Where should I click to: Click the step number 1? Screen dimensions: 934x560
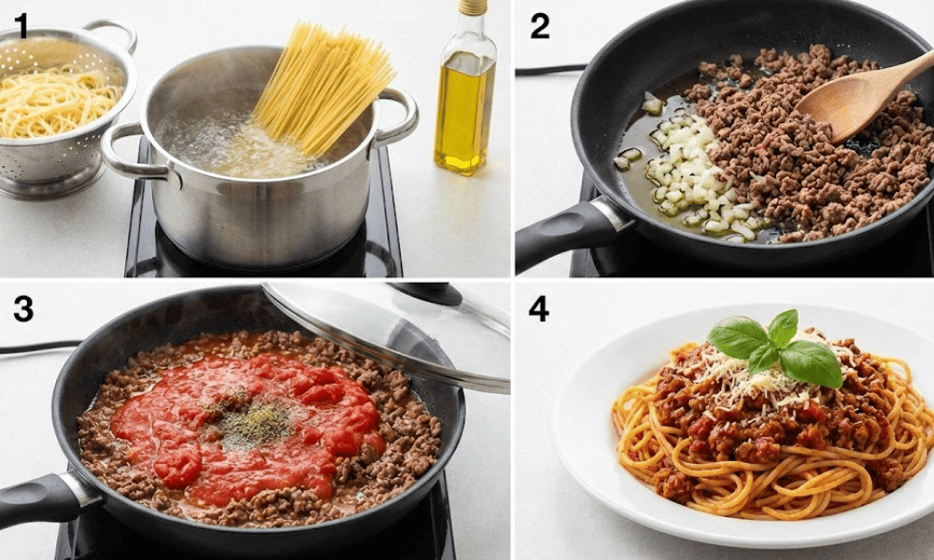21,26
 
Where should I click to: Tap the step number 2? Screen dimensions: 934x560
540,26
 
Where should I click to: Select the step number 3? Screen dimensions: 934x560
23,310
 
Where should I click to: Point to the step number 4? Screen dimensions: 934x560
539,310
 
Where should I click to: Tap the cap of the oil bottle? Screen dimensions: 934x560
472,7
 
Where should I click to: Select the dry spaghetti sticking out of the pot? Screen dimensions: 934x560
321,90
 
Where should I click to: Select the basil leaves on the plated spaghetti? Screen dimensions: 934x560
774,348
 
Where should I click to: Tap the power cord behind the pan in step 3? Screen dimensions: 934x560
42,347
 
